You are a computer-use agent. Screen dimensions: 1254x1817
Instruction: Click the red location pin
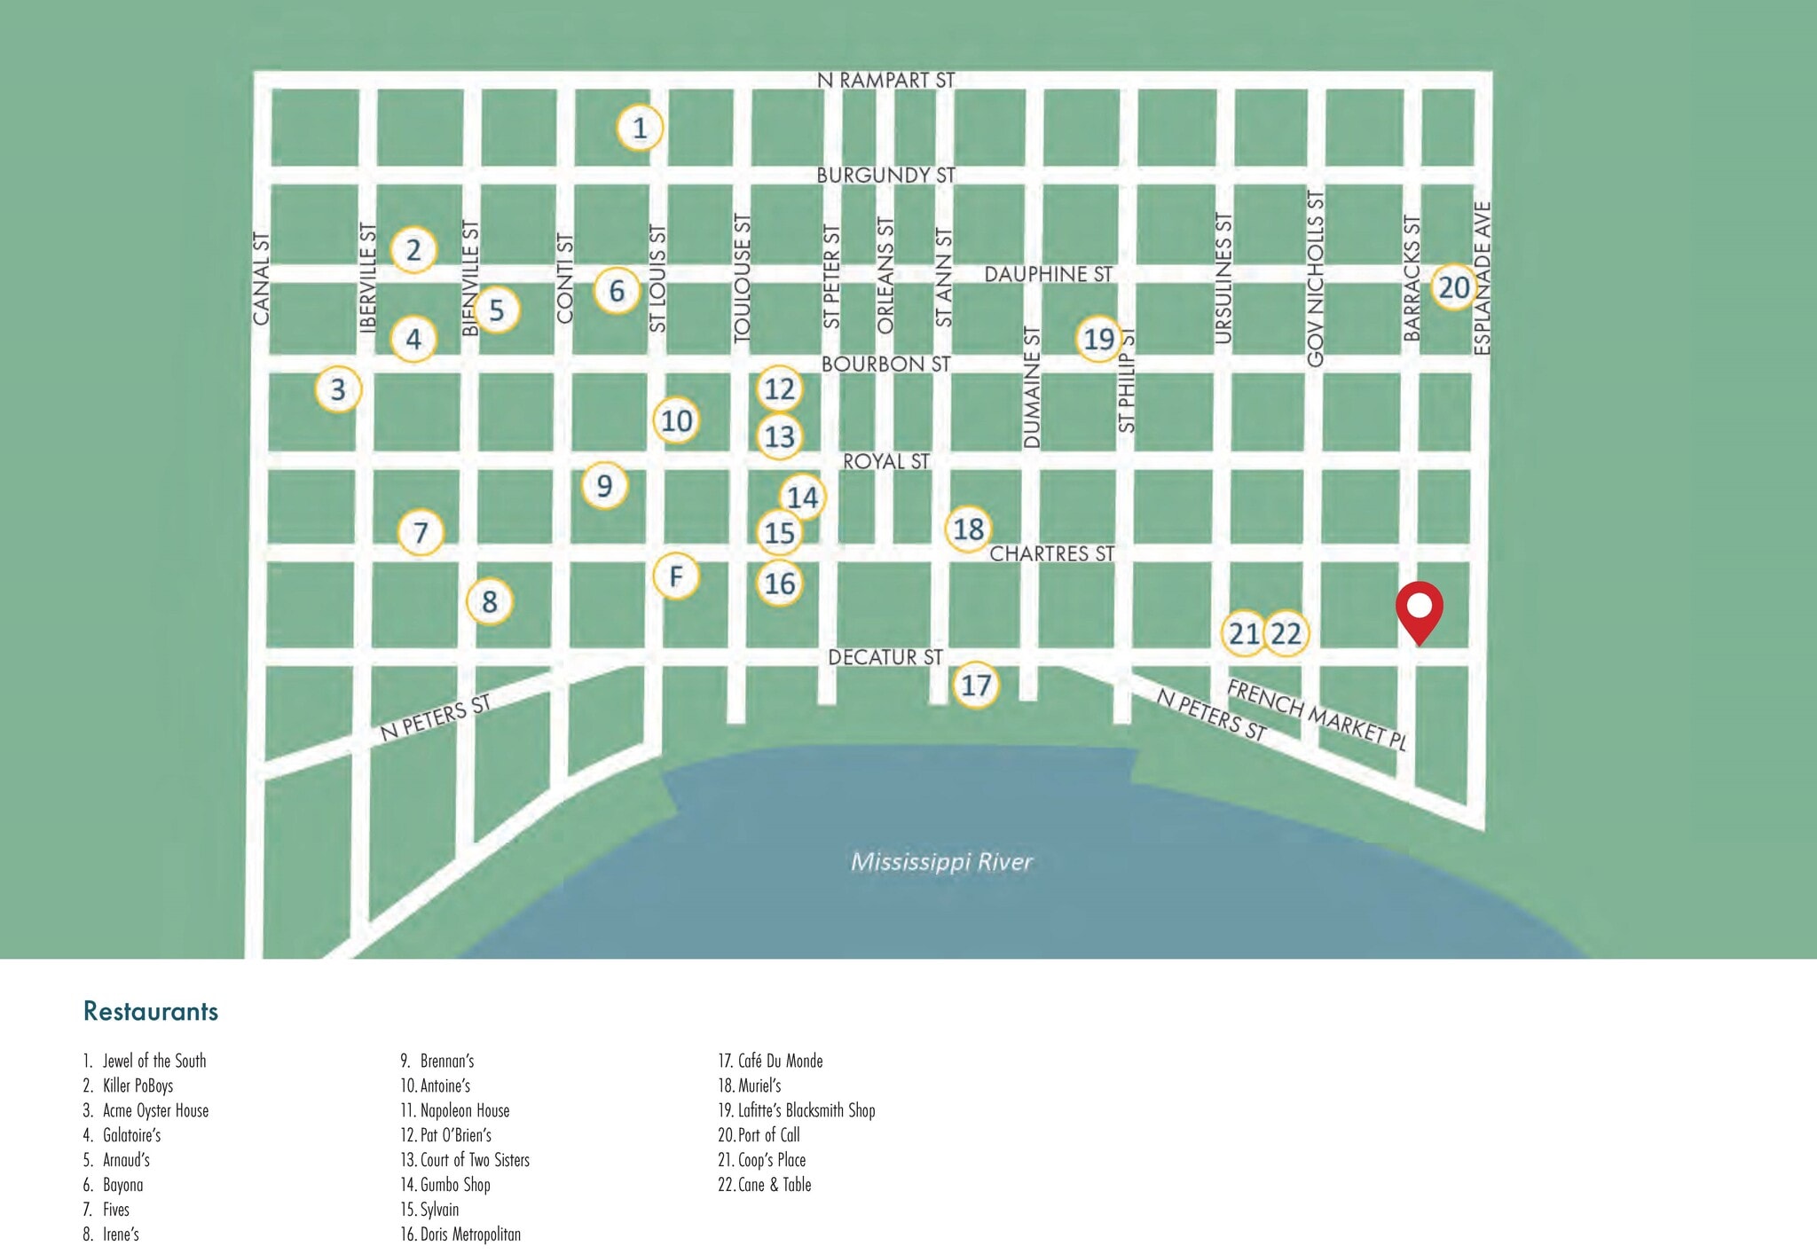[x=1419, y=609]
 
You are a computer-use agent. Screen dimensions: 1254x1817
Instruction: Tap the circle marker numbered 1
[x=640, y=129]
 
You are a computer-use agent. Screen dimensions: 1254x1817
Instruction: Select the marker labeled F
[x=676, y=576]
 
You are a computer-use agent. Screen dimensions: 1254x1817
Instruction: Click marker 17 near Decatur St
[x=976, y=685]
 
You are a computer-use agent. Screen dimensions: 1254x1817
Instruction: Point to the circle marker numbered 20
[x=1453, y=287]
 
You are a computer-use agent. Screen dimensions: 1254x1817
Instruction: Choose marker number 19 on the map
[x=1098, y=339]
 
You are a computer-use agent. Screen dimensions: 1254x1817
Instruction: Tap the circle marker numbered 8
[x=489, y=602]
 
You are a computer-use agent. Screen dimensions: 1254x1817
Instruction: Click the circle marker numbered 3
[x=338, y=389]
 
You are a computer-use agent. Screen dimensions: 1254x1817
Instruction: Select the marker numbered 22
[x=1286, y=633]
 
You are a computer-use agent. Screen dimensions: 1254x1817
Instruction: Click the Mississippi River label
[x=941, y=862]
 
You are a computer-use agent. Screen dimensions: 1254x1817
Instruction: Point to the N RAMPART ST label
[x=885, y=81]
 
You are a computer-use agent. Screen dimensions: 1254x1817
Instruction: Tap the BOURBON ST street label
[x=885, y=364]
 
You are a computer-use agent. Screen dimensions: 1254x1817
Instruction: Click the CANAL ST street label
[x=260, y=278]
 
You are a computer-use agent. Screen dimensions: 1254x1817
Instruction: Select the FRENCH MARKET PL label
[x=1317, y=715]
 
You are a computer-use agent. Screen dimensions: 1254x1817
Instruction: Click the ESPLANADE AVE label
[x=1482, y=278]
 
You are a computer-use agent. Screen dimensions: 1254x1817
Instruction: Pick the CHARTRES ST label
[x=1051, y=554]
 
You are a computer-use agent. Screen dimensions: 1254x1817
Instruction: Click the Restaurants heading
[x=151, y=1011]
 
